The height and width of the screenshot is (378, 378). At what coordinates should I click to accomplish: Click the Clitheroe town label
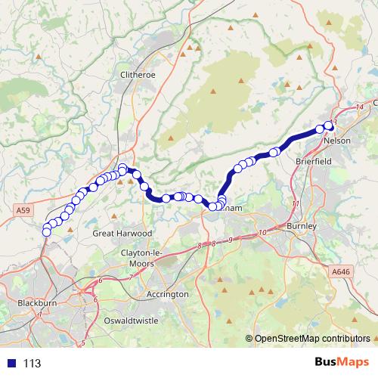click(x=137, y=74)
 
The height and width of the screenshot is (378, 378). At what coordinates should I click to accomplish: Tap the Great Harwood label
click(x=122, y=234)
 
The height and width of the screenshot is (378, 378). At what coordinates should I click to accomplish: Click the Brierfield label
click(x=315, y=161)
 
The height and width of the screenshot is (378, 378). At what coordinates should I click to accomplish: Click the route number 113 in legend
click(x=32, y=364)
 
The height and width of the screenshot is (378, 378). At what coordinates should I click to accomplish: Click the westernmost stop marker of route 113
click(x=46, y=231)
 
